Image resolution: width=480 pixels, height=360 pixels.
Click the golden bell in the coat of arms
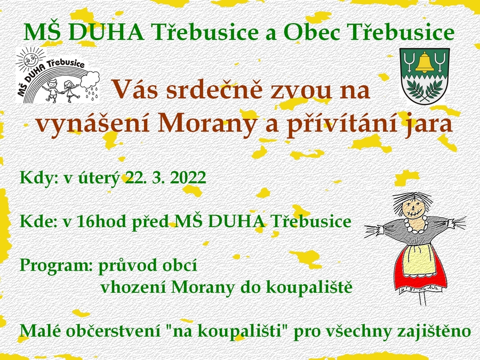(424, 62)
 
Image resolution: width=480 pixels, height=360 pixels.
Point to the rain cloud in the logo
(90, 80)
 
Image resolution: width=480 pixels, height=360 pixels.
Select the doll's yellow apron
(419, 260)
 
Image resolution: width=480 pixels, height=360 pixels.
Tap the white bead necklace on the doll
(415, 225)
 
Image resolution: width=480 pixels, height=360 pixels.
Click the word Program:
(56, 266)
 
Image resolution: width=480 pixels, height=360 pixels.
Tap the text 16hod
(101, 221)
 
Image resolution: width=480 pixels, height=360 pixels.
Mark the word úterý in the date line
(99, 178)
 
